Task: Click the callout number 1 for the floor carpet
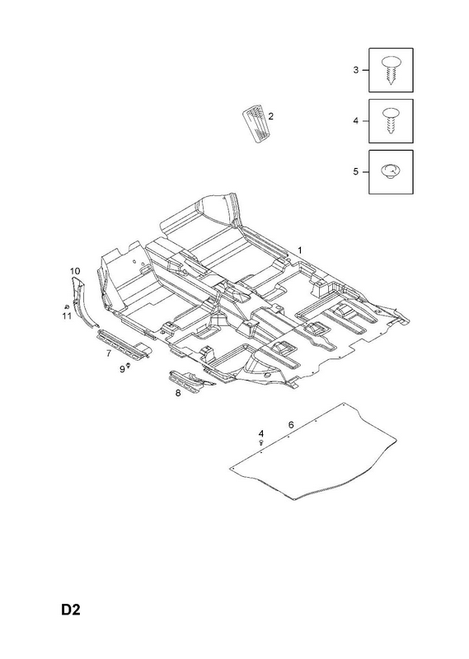click(x=300, y=250)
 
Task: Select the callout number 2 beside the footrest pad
click(x=270, y=116)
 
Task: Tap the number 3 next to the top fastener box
click(x=356, y=70)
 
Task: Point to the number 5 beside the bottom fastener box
click(x=356, y=172)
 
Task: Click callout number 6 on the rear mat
click(x=291, y=425)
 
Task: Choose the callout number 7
click(x=109, y=353)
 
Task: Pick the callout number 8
click(x=178, y=393)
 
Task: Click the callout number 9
click(x=123, y=369)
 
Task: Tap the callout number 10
click(x=75, y=271)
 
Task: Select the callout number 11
click(x=67, y=315)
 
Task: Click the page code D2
click(x=71, y=610)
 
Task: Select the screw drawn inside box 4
click(x=392, y=120)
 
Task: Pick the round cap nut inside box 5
click(x=391, y=172)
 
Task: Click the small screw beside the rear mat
click(x=261, y=442)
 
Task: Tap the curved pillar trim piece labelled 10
click(x=83, y=301)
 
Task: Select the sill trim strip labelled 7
click(x=124, y=344)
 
